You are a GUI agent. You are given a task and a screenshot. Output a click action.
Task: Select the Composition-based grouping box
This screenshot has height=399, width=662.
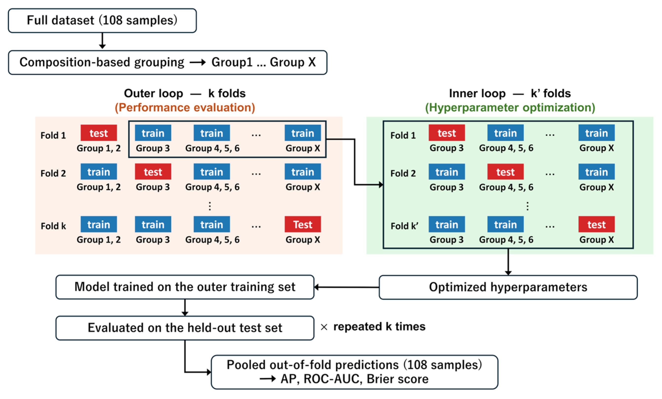click(x=168, y=62)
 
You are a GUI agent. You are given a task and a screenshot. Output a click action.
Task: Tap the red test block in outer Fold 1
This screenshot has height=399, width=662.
click(x=99, y=133)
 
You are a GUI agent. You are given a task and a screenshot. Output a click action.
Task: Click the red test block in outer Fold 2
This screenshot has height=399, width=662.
click(x=153, y=172)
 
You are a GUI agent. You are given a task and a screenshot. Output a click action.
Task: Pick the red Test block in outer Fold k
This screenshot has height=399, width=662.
click(x=303, y=224)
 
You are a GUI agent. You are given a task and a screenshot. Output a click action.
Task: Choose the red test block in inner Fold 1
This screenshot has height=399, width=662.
click(x=447, y=133)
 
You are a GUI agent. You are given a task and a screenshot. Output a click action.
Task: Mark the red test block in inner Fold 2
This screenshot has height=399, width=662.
click(x=506, y=172)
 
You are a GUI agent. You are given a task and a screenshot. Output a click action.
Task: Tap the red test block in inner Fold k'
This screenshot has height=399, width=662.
click(x=597, y=224)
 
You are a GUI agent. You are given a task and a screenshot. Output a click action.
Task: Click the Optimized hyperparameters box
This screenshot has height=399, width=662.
click(x=508, y=287)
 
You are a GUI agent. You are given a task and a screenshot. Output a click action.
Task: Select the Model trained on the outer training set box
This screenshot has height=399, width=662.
click(x=185, y=287)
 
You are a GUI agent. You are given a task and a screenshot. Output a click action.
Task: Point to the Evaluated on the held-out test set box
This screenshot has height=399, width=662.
click(x=185, y=328)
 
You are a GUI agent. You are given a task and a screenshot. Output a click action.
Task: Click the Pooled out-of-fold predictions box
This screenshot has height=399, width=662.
click(x=355, y=372)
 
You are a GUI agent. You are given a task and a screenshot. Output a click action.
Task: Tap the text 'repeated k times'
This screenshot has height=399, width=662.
click(x=379, y=327)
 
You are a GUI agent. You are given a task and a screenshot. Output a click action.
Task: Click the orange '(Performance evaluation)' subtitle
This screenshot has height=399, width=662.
click(x=185, y=107)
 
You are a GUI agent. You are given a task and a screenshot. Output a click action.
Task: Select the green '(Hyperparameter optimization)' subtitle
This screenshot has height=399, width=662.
click(x=510, y=107)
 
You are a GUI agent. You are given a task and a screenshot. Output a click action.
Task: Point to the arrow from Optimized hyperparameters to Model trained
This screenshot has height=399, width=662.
click(x=347, y=287)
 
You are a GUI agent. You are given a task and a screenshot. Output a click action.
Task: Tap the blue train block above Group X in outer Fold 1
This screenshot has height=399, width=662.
click(x=303, y=133)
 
